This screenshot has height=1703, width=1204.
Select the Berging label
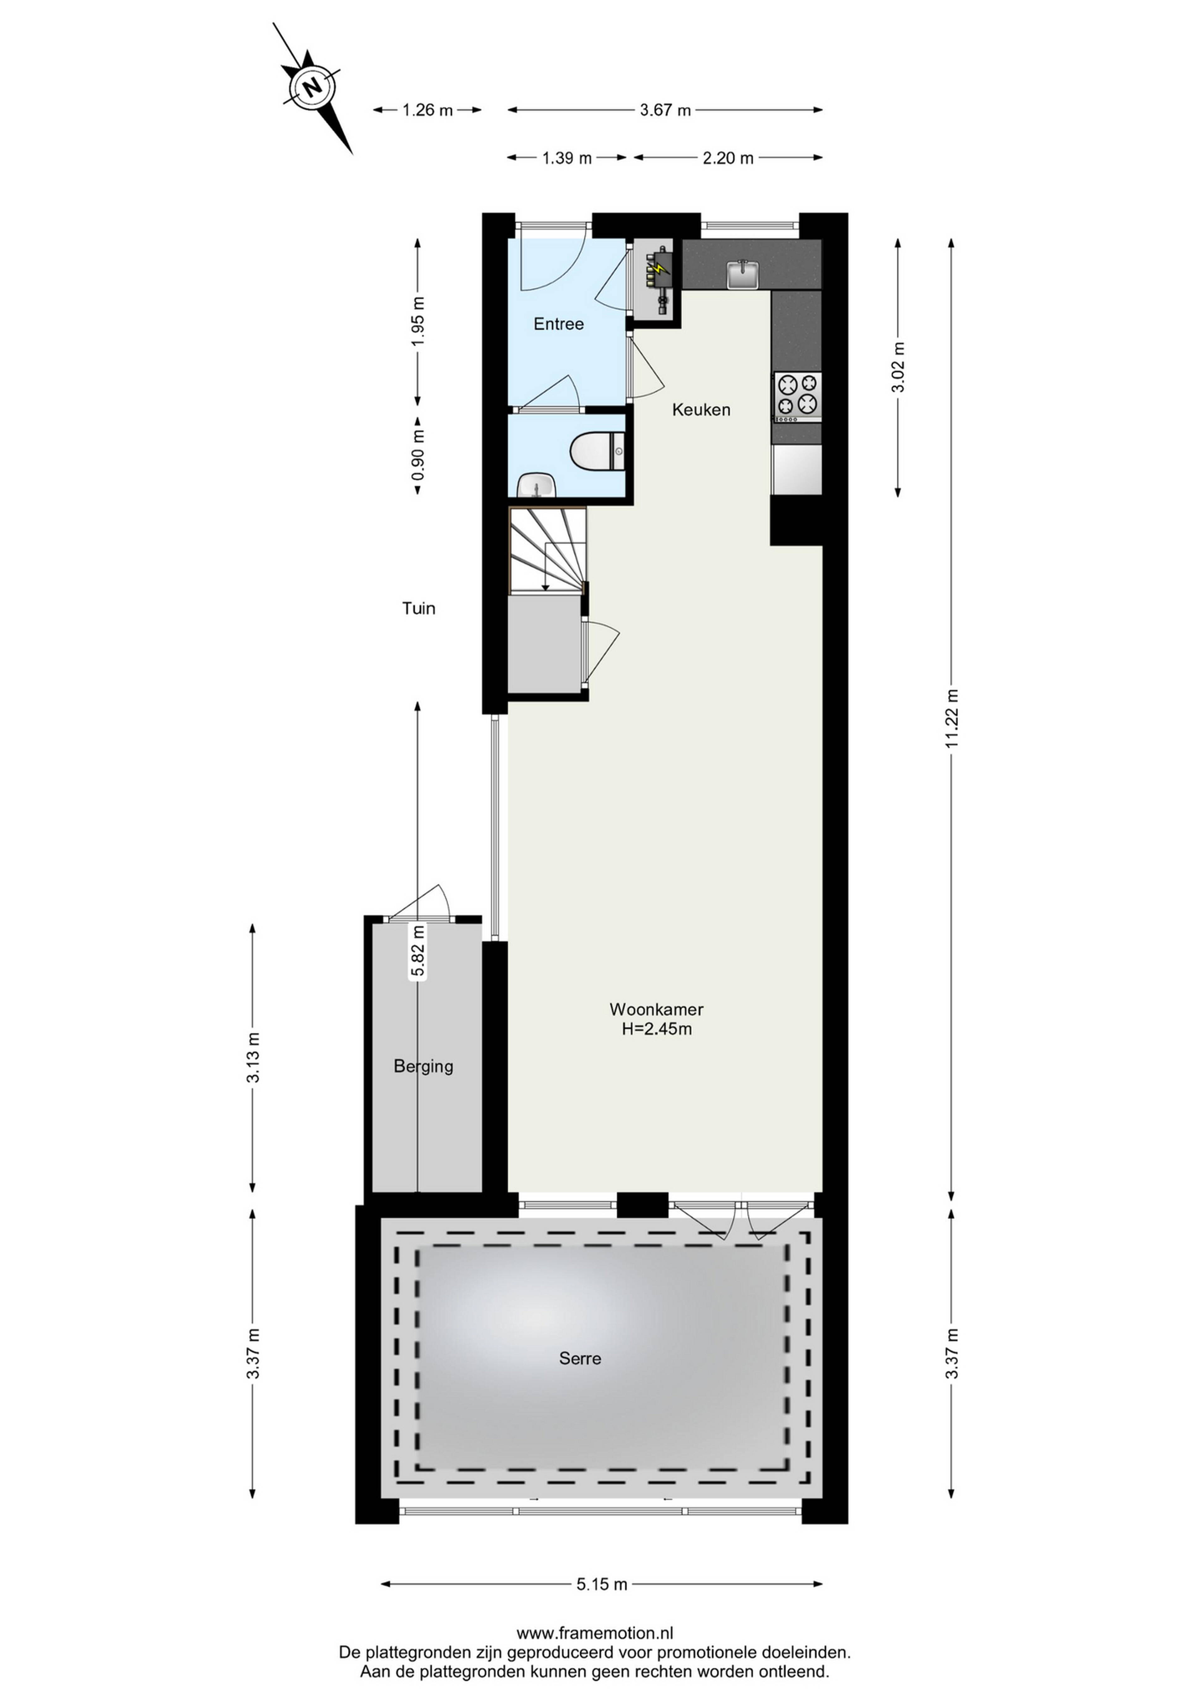(x=423, y=1067)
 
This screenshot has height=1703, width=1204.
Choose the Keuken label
(x=701, y=409)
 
